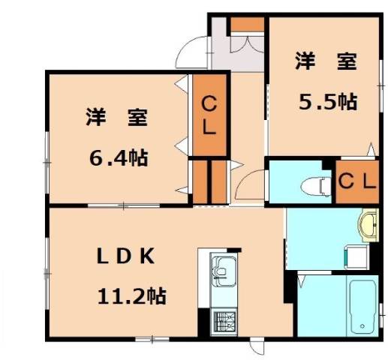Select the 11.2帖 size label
pos(131,295)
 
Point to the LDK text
pos(123,255)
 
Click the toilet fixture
pos(315,184)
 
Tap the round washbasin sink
pos(369,223)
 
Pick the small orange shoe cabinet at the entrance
pos(246,24)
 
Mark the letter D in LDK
pos(123,255)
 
